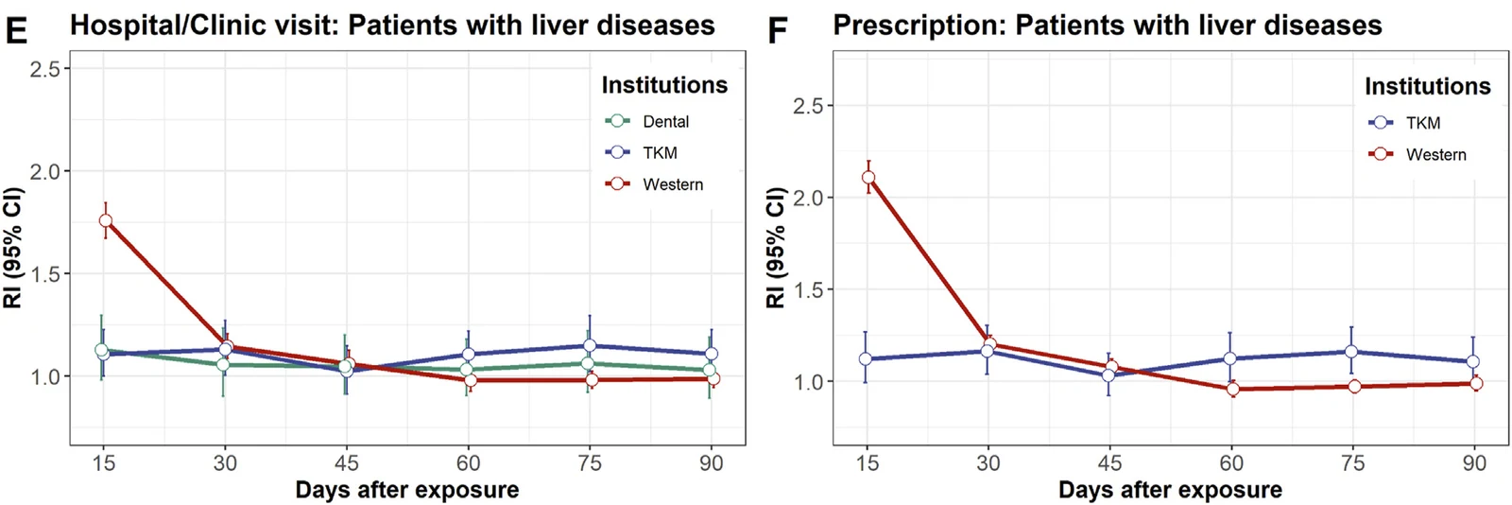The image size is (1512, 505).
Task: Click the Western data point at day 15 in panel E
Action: click(105, 220)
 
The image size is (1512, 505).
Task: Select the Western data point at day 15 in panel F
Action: click(868, 178)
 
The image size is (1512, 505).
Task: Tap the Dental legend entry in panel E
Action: click(647, 122)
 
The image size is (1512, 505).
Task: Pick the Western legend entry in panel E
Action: click(654, 184)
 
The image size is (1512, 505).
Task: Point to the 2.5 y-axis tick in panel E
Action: click(45, 69)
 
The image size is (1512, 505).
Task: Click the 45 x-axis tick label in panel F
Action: click(1109, 463)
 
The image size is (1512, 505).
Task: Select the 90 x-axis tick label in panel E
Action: click(711, 463)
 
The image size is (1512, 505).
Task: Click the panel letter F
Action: click(779, 30)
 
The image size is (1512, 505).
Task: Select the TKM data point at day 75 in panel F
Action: click(1351, 352)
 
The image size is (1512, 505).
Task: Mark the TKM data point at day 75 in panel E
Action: click(590, 346)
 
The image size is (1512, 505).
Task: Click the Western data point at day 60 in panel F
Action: click(1233, 389)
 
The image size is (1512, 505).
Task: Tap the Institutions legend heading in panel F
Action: click(1428, 86)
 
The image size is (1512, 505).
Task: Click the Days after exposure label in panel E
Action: click(407, 490)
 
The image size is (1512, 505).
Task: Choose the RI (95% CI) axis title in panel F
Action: click(776, 248)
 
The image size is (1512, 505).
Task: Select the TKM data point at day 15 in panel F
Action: click(866, 358)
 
